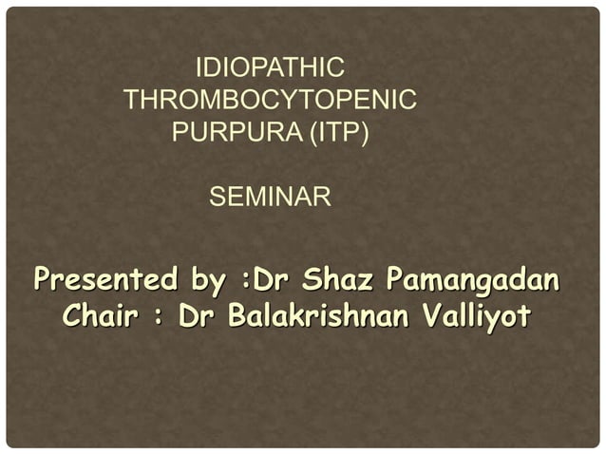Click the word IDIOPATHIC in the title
pos(269,68)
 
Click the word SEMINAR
pos(269,199)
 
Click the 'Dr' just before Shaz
pos(273,282)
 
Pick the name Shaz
pos(337,282)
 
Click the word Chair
pos(102,315)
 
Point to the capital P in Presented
pos(42,282)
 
